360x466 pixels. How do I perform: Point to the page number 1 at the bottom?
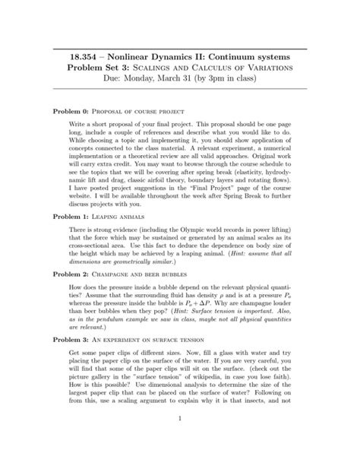click(x=180, y=439)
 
